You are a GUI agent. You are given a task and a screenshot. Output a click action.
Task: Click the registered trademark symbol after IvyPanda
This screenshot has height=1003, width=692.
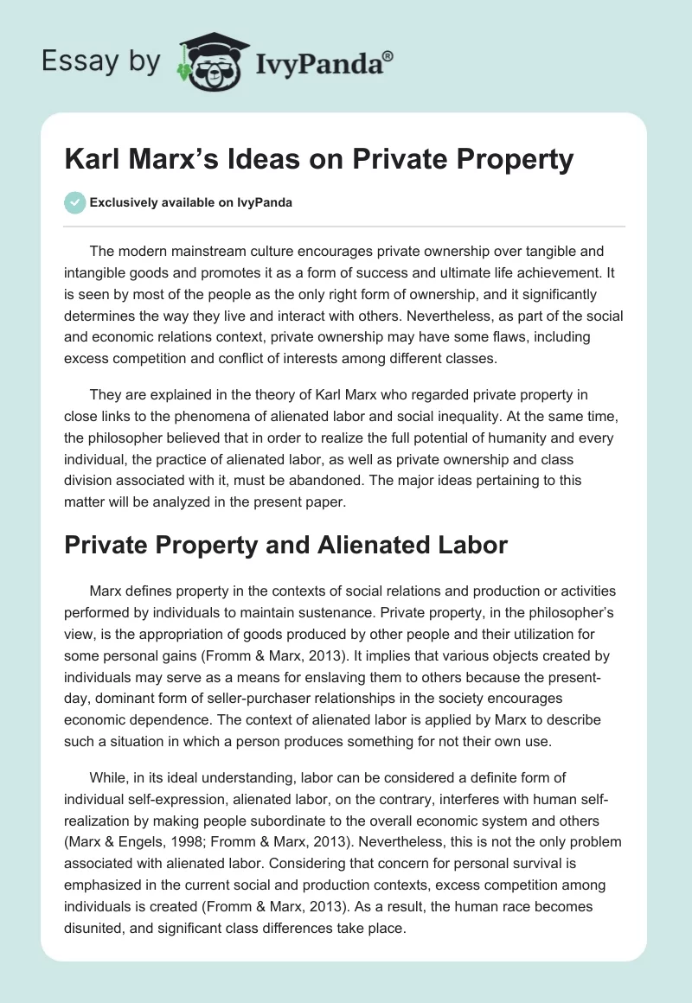(x=388, y=55)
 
